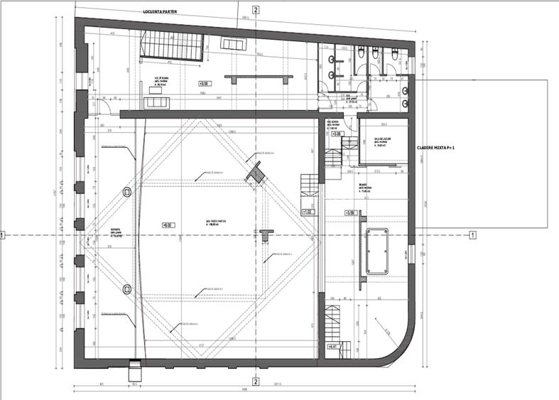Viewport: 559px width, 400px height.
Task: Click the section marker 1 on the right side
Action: coord(473,234)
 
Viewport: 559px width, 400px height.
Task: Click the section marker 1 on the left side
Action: coord(3,234)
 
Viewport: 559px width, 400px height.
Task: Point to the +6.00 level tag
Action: coord(168,225)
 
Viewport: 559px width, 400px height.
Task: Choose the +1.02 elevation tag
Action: coord(308,211)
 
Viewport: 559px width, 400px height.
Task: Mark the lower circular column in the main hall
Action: coord(127,288)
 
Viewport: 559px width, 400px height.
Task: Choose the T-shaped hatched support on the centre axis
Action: coord(266,234)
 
